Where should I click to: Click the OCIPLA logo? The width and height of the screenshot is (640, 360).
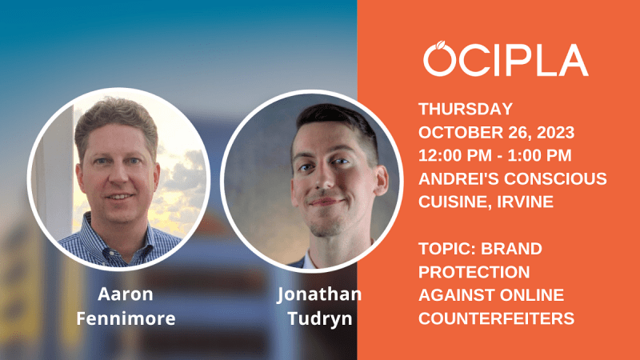506,58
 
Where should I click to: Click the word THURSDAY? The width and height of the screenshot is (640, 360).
466,109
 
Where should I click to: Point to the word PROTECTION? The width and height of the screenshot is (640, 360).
474,272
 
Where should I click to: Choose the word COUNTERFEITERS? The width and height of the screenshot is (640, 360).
496,318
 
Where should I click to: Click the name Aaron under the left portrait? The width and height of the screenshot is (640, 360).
126,294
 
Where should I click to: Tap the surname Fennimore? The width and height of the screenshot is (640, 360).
126,318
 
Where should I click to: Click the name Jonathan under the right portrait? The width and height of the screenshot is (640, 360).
319,294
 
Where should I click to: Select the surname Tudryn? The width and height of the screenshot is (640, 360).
320,318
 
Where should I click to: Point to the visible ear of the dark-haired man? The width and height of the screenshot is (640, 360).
381,179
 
